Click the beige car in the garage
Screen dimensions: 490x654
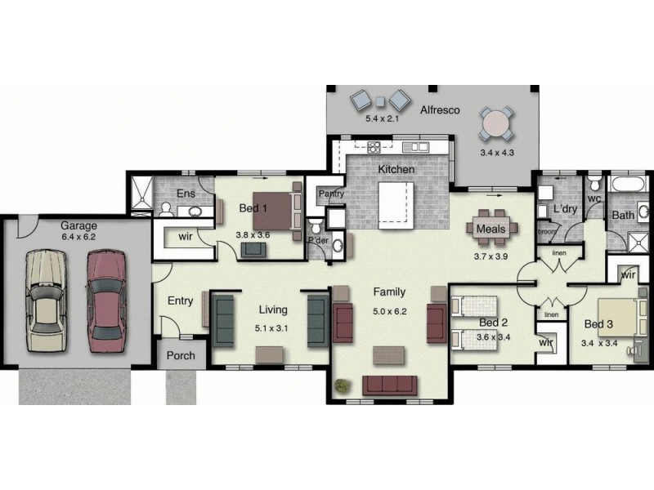pyautogui.click(x=45, y=300)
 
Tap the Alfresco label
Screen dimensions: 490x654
pyautogui.click(x=440, y=109)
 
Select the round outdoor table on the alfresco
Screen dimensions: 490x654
pyautogui.click(x=496, y=124)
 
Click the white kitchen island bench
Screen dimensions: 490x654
pyautogui.click(x=396, y=202)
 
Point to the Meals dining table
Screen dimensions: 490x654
pyautogui.click(x=491, y=229)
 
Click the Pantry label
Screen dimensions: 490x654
pyautogui.click(x=330, y=194)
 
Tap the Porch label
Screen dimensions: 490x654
pyautogui.click(x=181, y=356)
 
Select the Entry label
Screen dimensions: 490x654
pyautogui.click(x=180, y=301)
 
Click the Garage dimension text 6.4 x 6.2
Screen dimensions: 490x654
pyautogui.click(x=78, y=237)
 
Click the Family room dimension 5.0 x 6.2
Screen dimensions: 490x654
pyautogui.click(x=389, y=310)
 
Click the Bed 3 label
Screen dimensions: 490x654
pyautogui.click(x=598, y=324)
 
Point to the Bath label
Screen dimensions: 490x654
pyautogui.click(x=623, y=215)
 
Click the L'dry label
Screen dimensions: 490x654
pyautogui.click(x=566, y=209)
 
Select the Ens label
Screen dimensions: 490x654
pyautogui.click(x=186, y=194)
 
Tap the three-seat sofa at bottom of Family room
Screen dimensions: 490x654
pyautogui.click(x=389, y=385)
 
